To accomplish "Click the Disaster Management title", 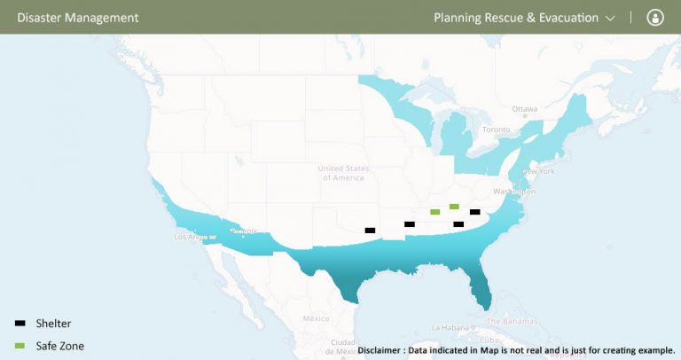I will tap(78, 17).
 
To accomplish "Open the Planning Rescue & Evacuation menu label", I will tap(516, 17).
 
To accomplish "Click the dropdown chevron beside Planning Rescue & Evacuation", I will tap(610, 18).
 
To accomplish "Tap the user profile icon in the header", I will tap(655, 17).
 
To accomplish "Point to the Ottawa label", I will tap(525, 109).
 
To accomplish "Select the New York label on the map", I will tap(538, 170).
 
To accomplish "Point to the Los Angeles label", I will tap(193, 237).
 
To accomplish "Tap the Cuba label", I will tap(487, 339).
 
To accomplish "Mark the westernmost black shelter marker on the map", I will tap(370, 231).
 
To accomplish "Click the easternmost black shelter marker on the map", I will tap(475, 212).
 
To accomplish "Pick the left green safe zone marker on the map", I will tap(434, 212).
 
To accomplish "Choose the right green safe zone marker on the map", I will tap(454, 207).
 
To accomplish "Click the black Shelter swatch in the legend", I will tap(20, 324).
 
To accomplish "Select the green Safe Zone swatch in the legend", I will tap(20, 345).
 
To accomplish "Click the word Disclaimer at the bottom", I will tap(384, 349).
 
